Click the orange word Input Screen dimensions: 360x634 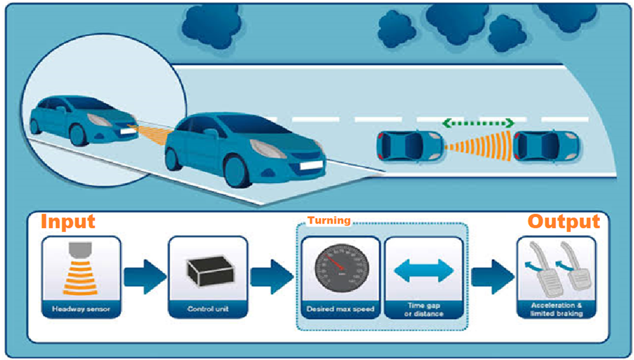67,221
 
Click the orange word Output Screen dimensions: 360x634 563,221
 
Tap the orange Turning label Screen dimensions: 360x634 329,221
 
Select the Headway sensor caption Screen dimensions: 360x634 80,308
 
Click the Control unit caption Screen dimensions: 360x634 208,308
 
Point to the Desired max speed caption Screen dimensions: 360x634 341,308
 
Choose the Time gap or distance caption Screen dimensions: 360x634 425,309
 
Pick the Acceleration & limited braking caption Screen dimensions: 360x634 556,309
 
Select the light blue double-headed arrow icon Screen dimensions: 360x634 424,271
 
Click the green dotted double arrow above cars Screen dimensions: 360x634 479,123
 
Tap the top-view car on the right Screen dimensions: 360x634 546,146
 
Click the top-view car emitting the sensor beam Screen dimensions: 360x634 409,146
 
